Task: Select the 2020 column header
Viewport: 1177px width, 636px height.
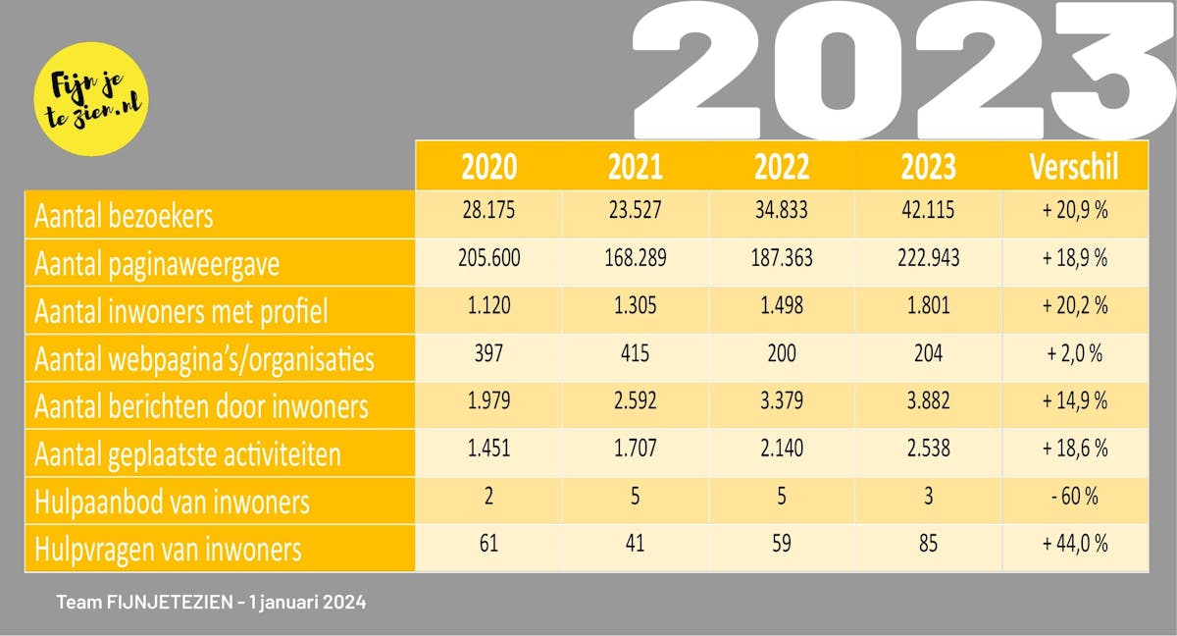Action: pyautogui.click(x=488, y=167)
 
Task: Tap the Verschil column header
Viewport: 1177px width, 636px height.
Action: pyautogui.click(x=1074, y=167)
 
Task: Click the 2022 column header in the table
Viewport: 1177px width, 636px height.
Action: pyautogui.click(x=782, y=167)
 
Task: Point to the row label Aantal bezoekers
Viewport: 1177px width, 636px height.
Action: pyautogui.click(x=124, y=216)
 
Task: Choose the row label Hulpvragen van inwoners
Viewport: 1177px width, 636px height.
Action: pyautogui.click(x=168, y=549)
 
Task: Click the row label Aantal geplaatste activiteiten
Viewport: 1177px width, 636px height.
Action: pyautogui.click(x=187, y=453)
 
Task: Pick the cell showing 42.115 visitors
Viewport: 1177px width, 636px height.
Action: pyautogui.click(x=928, y=211)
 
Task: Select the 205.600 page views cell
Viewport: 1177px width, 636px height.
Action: pyautogui.click(x=488, y=258)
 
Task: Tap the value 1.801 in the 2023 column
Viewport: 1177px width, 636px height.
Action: pyautogui.click(x=928, y=305)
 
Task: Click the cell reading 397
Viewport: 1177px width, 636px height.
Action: pyautogui.click(x=488, y=352)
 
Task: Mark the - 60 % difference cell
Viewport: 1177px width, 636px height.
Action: pyautogui.click(x=1074, y=496)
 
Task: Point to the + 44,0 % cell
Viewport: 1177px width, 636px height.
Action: pyautogui.click(x=1074, y=543)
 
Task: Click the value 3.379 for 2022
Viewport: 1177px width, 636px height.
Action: pyautogui.click(x=782, y=400)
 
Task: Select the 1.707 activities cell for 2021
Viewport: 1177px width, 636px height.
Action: pyautogui.click(x=635, y=448)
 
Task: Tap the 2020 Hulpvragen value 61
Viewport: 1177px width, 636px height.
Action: pyautogui.click(x=488, y=543)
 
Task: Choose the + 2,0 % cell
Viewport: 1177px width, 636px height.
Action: pyautogui.click(x=1074, y=352)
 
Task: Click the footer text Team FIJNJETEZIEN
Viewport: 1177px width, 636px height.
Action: pyautogui.click(x=211, y=602)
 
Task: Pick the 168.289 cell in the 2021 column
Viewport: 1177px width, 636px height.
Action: pyautogui.click(x=635, y=258)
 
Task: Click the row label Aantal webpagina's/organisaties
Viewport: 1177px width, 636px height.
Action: pyautogui.click(x=204, y=359)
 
